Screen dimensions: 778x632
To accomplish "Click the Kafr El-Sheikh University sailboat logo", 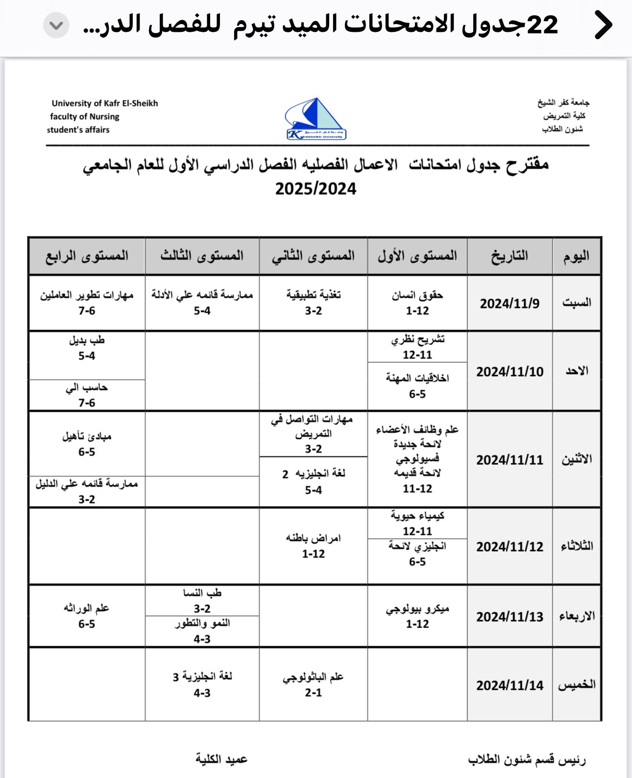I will click(316, 119).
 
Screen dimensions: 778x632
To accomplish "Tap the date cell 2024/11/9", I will click(510, 303).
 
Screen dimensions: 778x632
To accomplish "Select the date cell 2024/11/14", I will click(510, 685).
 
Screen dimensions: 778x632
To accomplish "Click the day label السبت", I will click(577, 302).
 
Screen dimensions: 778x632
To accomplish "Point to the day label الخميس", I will click(577, 685).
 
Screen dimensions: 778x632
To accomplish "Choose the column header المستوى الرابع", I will click(87, 256).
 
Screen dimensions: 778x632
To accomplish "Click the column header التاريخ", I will click(510, 256).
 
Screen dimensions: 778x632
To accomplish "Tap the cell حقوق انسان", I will click(417, 302).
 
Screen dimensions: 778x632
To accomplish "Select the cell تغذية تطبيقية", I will click(314, 302).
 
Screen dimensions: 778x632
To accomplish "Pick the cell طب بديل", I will click(87, 348).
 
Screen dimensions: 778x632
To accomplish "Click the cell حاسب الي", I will click(87, 395).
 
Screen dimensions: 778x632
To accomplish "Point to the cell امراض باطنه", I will click(314, 546).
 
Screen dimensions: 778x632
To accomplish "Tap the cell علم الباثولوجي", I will click(314, 684).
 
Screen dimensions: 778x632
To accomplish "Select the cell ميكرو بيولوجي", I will click(417, 616).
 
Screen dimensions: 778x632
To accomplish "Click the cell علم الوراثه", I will click(87, 616).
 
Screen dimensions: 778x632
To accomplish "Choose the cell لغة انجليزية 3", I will click(202, 684).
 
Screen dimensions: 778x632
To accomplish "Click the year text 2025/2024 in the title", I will click(316, 189).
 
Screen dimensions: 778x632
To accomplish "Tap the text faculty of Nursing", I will click(85, 117).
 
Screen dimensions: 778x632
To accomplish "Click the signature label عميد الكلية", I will click(221, 759).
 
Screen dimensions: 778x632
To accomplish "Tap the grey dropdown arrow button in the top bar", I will click(56, 25).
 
